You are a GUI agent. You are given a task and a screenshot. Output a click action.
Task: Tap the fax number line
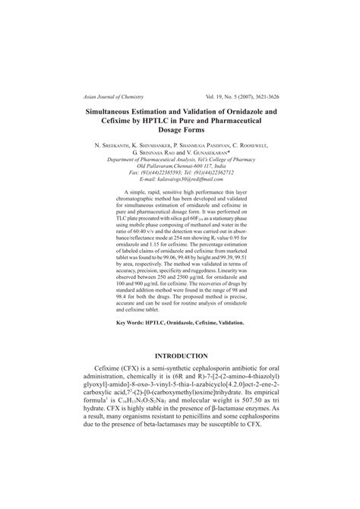tap(180, 172)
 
